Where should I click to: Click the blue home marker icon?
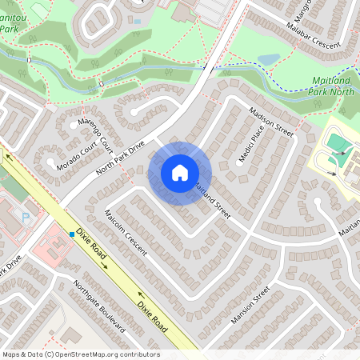[180, 173]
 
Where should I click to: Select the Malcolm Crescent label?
[126, 233]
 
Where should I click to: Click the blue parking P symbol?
[25, 217]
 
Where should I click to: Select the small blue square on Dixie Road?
[71, 234]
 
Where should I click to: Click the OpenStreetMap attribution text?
[80, 354]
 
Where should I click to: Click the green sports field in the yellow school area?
[338, 144]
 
